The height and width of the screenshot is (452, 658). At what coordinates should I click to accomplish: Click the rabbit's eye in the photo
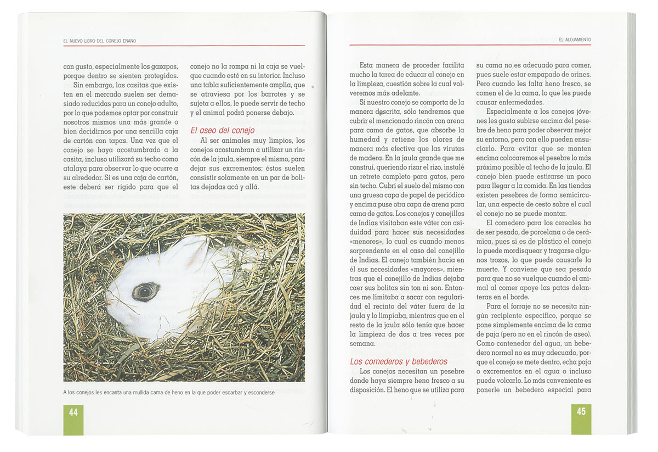[146, 291]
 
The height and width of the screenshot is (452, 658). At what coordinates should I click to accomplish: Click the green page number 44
[73, 412]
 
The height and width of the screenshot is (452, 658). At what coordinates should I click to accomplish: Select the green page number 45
[581, 411]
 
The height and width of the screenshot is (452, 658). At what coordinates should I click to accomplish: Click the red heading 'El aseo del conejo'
[222, 130]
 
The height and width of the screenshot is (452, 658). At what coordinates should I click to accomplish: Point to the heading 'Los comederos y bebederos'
[399, 361]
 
